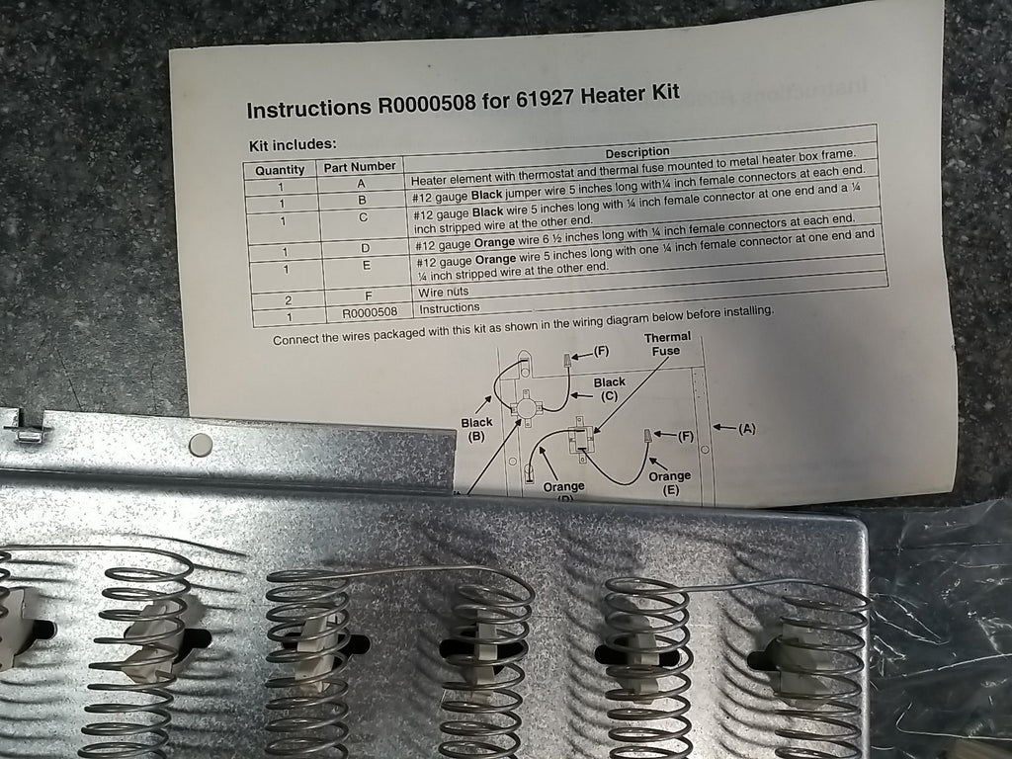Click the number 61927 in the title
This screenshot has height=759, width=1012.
pyautogui.click(x=544, y=99)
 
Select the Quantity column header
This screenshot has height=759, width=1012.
pyautogui.click(x=280, y=170)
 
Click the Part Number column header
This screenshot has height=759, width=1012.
pyautogui.click(x=360, y=166)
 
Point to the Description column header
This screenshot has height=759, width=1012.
pyautogui.click(x=637, y=152)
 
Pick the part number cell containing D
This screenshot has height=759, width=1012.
pyautogui.click(x=366, y=248)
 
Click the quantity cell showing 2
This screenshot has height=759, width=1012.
pyautogui.click(x=289, y=300)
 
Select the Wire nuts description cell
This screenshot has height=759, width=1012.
pyautogui.click(x=443, y=292)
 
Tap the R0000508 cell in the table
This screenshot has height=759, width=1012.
pyautogui.click(x=370, y=313)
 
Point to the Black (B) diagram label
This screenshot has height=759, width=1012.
pyautogui.click(x=476, y=429)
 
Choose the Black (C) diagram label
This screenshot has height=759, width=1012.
pyautogui.click(x=609, y=389)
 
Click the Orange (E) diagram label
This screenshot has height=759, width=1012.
pyautogui.click(x=669, y=482)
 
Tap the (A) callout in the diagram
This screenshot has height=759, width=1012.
pyautogui.click(x=747, y=428)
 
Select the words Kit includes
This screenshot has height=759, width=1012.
pyautogui.click(x=293, y=145)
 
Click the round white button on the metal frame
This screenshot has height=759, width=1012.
pyautogui.click(x=200, y=445)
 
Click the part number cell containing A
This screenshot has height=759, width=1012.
pyautogui.click(x=362, y=184)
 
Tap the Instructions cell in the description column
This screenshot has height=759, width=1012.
pyautogui.click(x=450, y=308)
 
